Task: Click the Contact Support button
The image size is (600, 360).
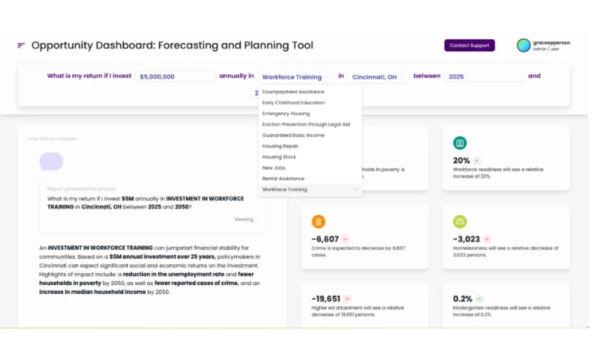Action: (x=469, y=46)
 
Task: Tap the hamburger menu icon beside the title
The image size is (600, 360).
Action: (x=21, y=46)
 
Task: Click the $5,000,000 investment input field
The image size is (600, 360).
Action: (x=176, y=76)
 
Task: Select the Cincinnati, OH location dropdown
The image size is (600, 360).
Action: (x=378, y=76)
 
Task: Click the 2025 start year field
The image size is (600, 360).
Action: (x=484, y=76)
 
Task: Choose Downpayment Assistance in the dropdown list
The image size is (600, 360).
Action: (x=294, y=91)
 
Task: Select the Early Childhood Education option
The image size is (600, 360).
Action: (x=294, y=103)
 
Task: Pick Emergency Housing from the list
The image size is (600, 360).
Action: (x=286, y=113)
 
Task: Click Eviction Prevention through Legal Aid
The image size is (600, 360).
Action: (x=306, y=124)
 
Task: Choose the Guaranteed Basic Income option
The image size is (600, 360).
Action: (x=293, y=135)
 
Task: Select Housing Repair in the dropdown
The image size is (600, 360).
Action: (x=280, y=146)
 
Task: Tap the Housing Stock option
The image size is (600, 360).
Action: (x=279, y=157)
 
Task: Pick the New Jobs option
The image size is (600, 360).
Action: (x=274, y=168)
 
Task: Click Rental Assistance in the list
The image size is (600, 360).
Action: (x=283, y=178)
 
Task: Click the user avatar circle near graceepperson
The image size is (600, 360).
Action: (x=523, y=45)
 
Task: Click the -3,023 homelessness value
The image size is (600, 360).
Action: (x=466, y=239)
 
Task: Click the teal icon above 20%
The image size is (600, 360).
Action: (x=460, y=143)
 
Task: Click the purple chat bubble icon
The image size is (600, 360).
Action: (x=51, y=161)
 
